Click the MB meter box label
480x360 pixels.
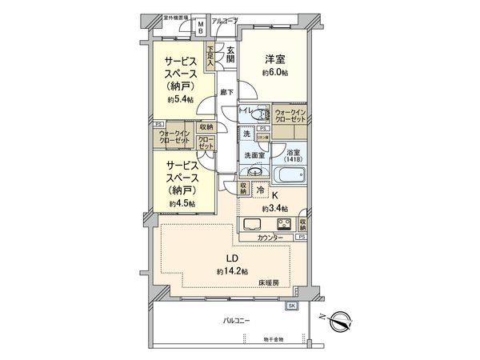(201, 26)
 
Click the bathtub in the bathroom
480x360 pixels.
(289, 175)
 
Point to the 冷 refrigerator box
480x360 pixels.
(260, 190)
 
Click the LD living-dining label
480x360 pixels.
(228, 258)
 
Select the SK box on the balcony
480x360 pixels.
(291, 306)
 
